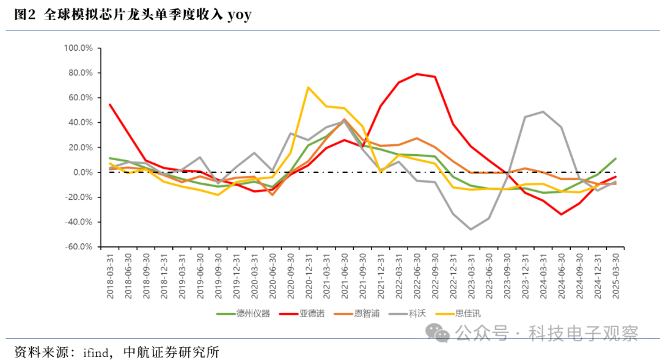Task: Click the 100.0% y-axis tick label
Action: click(x=78, y=48)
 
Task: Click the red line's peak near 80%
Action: click(x=417, y=74)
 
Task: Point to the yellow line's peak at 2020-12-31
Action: click(x=308, y=87)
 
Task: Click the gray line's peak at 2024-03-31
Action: click(x=543, y=112)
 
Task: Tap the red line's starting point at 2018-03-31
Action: click(x=110, y=105)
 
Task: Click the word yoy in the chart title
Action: click(x=239, y=15)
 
